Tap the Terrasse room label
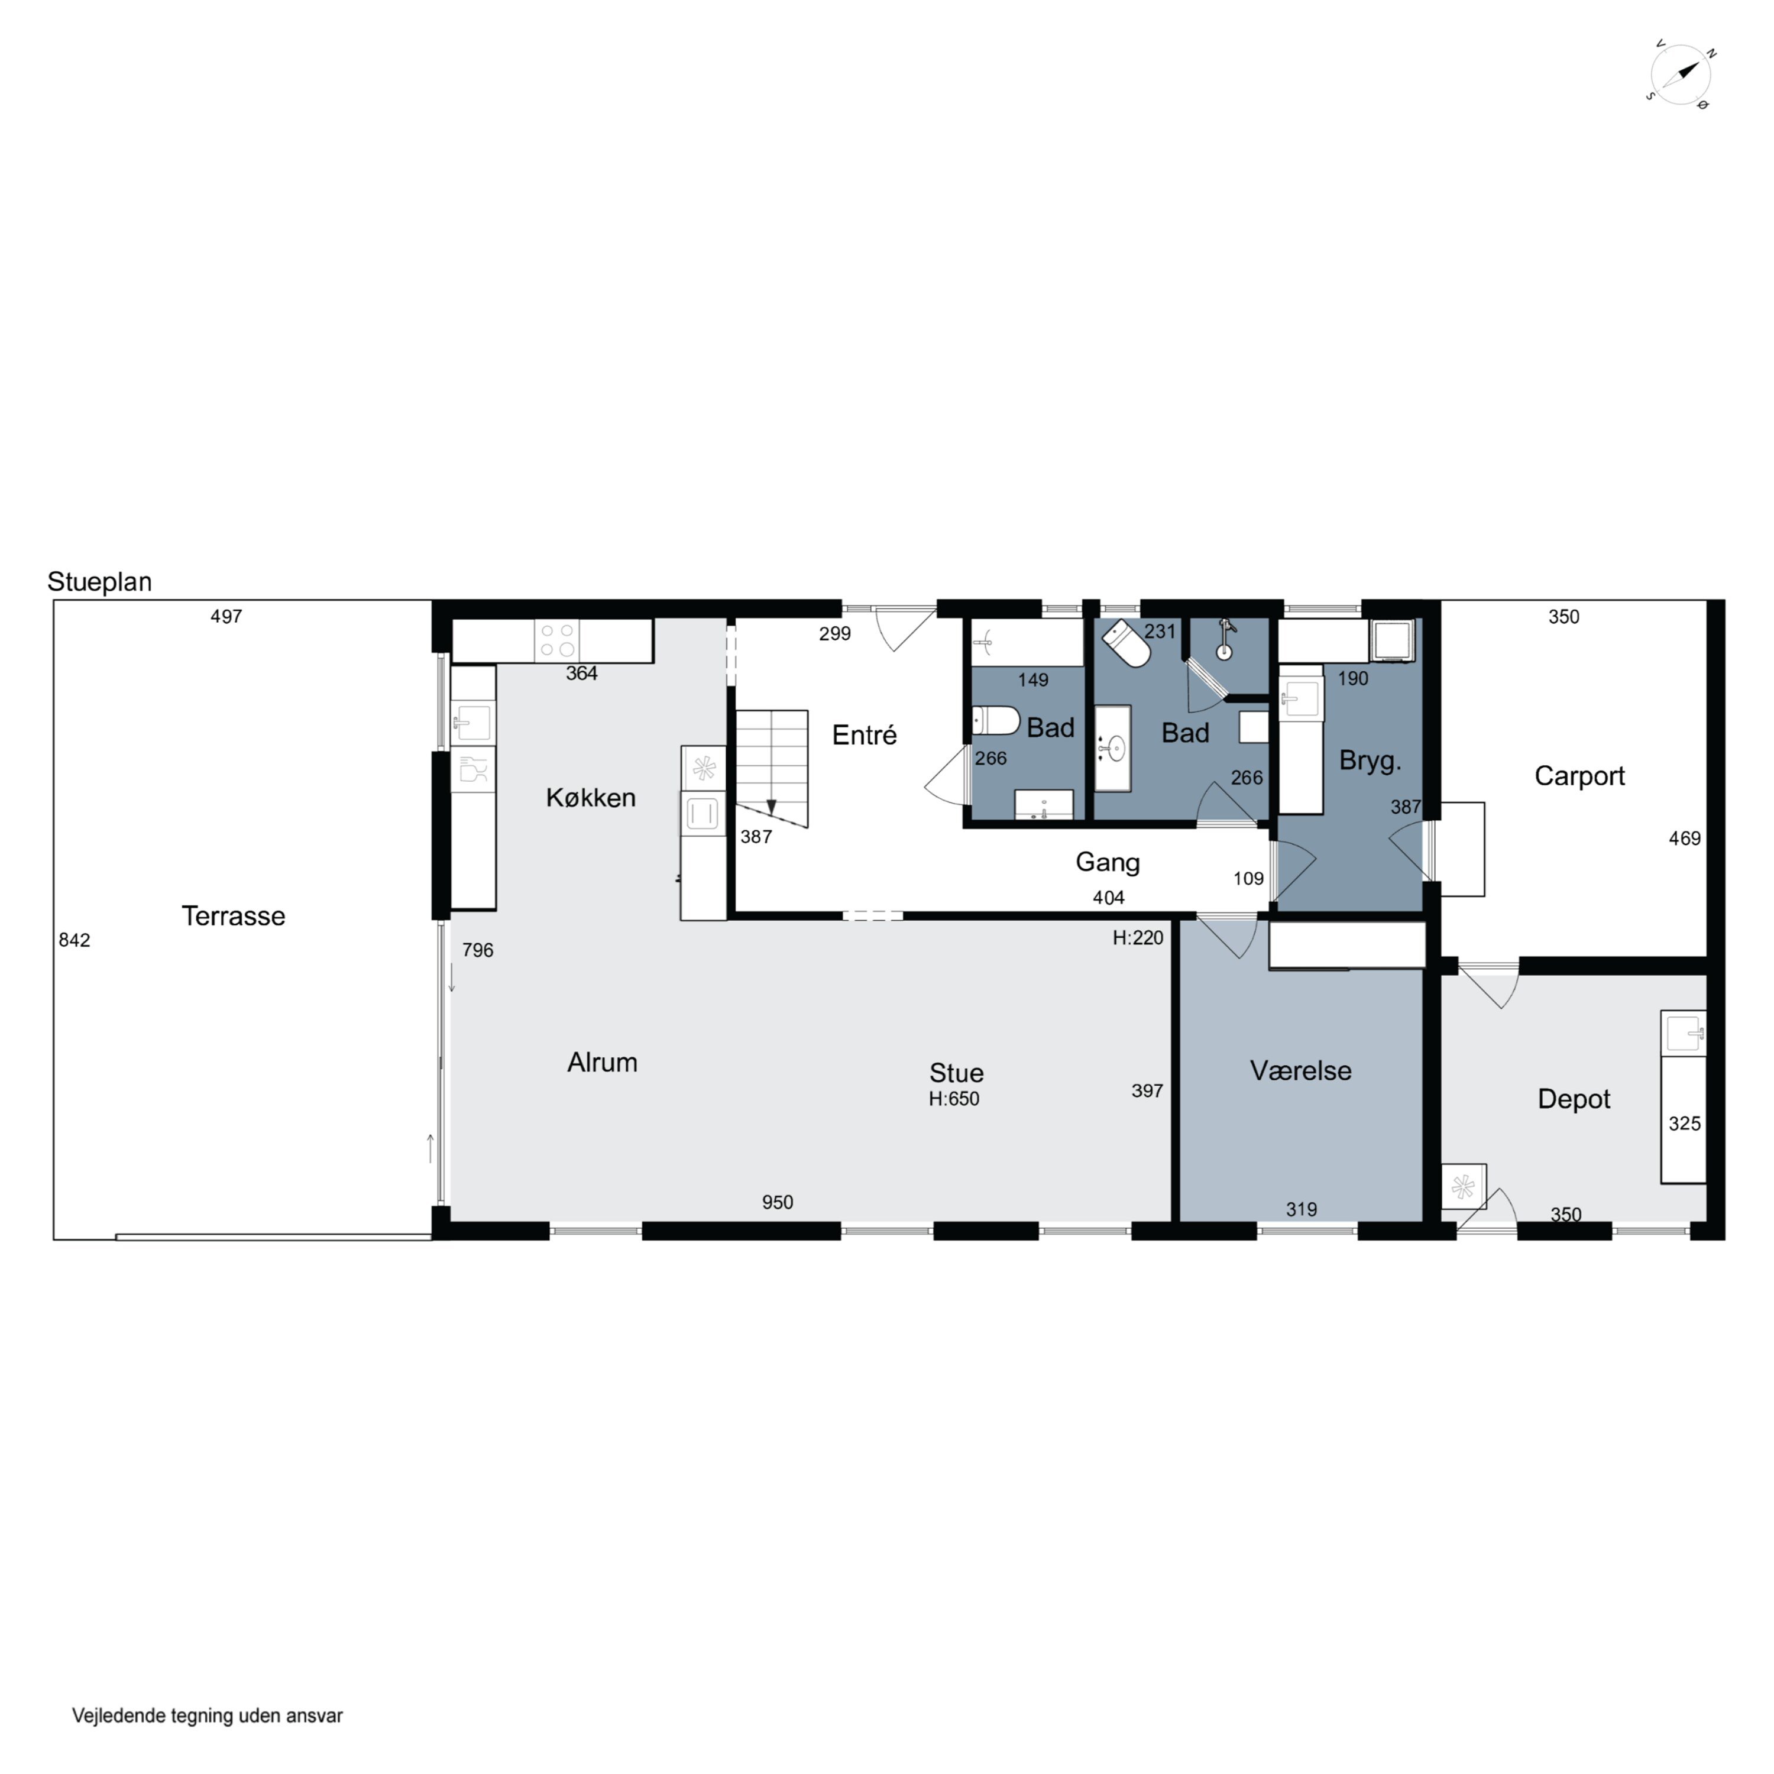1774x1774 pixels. point(233,915)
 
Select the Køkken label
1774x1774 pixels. point(590,797)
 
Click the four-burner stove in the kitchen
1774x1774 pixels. point(558,640)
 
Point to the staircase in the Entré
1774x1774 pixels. point(771,769)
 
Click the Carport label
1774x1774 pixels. point(1579,776)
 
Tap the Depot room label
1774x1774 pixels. point(1574,1099)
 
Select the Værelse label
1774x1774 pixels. point(1300,1071)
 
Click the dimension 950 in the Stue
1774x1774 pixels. point(777,1202)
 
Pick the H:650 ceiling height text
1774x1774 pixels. point(954,1099)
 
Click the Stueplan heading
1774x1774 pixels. point(99,582)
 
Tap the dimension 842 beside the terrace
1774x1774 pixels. point(75,940)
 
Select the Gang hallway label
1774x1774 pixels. point(1108,862)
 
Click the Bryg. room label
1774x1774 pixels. point(1370,761)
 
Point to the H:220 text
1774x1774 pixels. point(1138,937)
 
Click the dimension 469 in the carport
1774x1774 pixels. point(1685,839)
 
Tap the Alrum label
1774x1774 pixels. point(603,1063)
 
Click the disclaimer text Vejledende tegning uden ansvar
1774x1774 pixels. point(208,1715)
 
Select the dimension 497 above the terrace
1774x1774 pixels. point(226,616)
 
